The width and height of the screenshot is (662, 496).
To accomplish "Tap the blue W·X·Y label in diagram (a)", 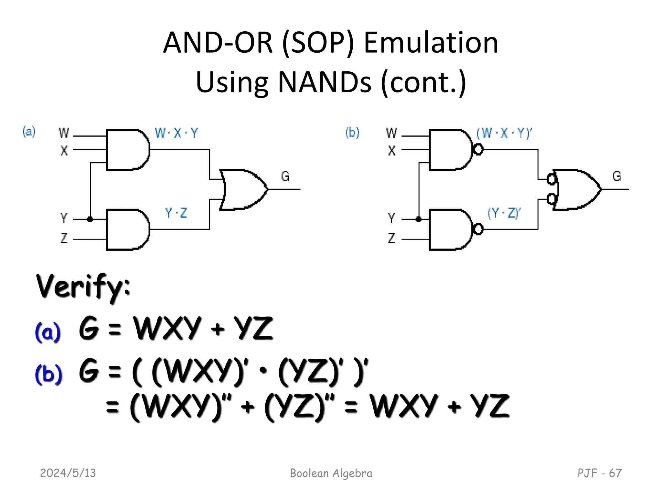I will tap(176, 133).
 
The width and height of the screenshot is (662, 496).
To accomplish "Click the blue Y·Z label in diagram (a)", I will tap(176, 213).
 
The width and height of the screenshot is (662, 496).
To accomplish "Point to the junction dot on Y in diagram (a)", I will tap(90, 219).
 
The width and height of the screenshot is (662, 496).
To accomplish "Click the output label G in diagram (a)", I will tap(285, 176).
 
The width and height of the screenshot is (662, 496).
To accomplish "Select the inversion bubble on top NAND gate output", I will tap(478, 150).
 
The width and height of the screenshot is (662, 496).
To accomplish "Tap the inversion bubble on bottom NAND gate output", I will tap(478, 230).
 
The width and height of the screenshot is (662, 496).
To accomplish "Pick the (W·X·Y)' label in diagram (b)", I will tap(504, 133).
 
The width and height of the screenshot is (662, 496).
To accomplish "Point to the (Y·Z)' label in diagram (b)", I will tap(504, 213).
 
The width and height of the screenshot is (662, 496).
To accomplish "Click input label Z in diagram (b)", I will tap(391, 238).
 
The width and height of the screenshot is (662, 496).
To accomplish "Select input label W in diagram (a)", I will tap(64, 132).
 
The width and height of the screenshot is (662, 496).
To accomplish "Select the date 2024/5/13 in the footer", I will tap(68, 473).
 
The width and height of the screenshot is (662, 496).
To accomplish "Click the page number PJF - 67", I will tap(599, 473).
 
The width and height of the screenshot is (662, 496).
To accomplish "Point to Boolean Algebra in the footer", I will tap(331, 473).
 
